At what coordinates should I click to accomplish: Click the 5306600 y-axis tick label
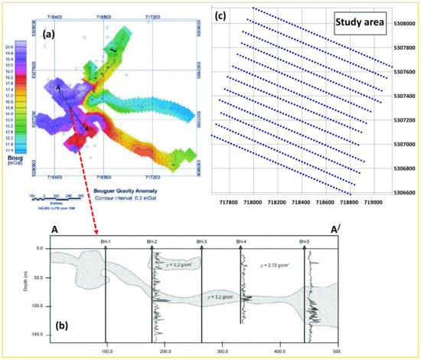pyautogui.click(x=402, y=192)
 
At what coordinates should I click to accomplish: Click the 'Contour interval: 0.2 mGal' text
pyautogui.click(x=142, y=196)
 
